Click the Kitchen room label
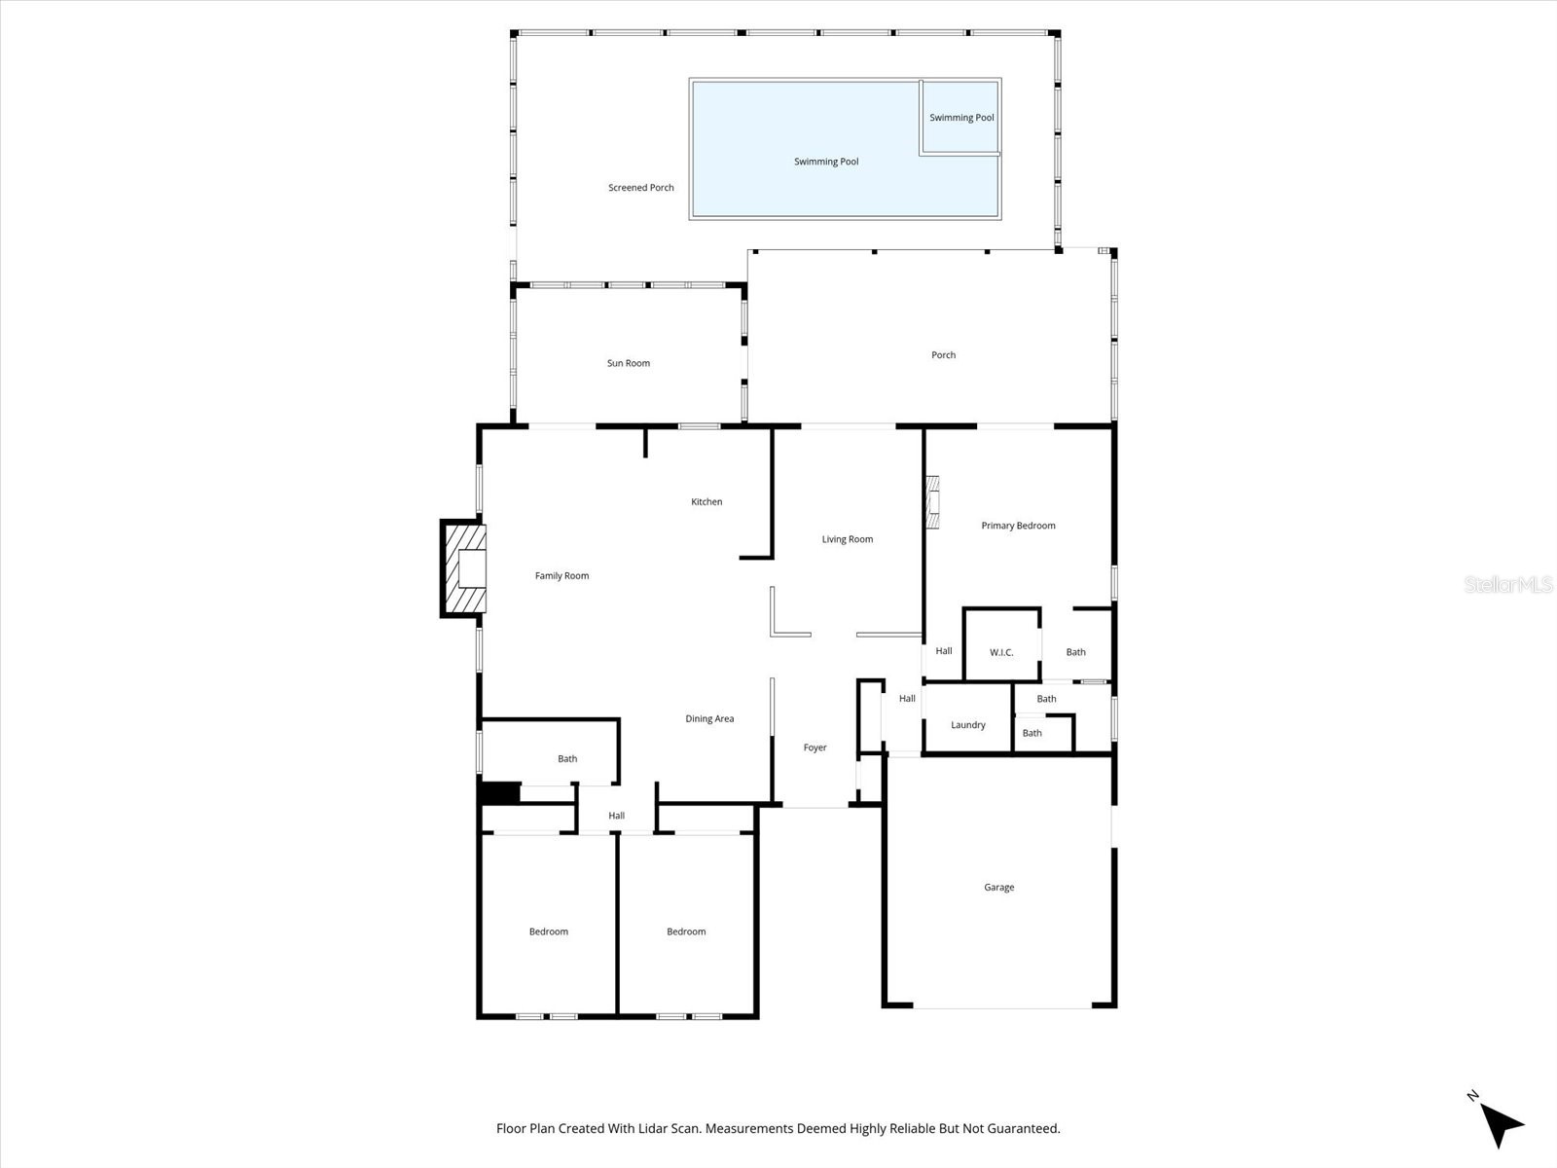click(x=706, y=502)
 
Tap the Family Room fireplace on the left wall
click(x=465, y=569)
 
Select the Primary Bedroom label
click(x=1018, y=526)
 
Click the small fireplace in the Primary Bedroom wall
click(x=933, y=501)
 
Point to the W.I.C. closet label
click(x=1001, y=652)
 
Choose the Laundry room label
click(x=967, y=725)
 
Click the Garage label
click(x=998, y=888)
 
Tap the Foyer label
click(x=815, y=748)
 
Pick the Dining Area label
click(x=709, y=719)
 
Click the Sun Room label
click(x=628, y=363)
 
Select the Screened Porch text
click(x=640, y=188)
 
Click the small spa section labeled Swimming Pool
click(x=961, y=118)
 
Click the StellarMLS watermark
click(x=1508, y=585)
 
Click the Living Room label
click(x=847, y=539)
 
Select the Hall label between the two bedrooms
click(x=616, y=816)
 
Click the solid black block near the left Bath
click(x=500, y=792)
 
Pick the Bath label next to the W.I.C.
click(x=1075, y=652)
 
